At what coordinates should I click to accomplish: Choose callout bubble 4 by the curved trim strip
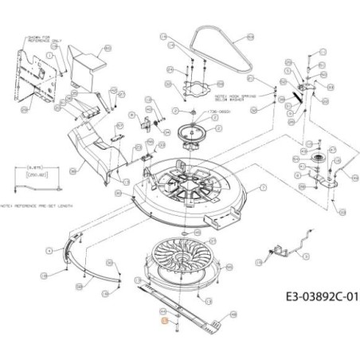pos(50,249)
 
